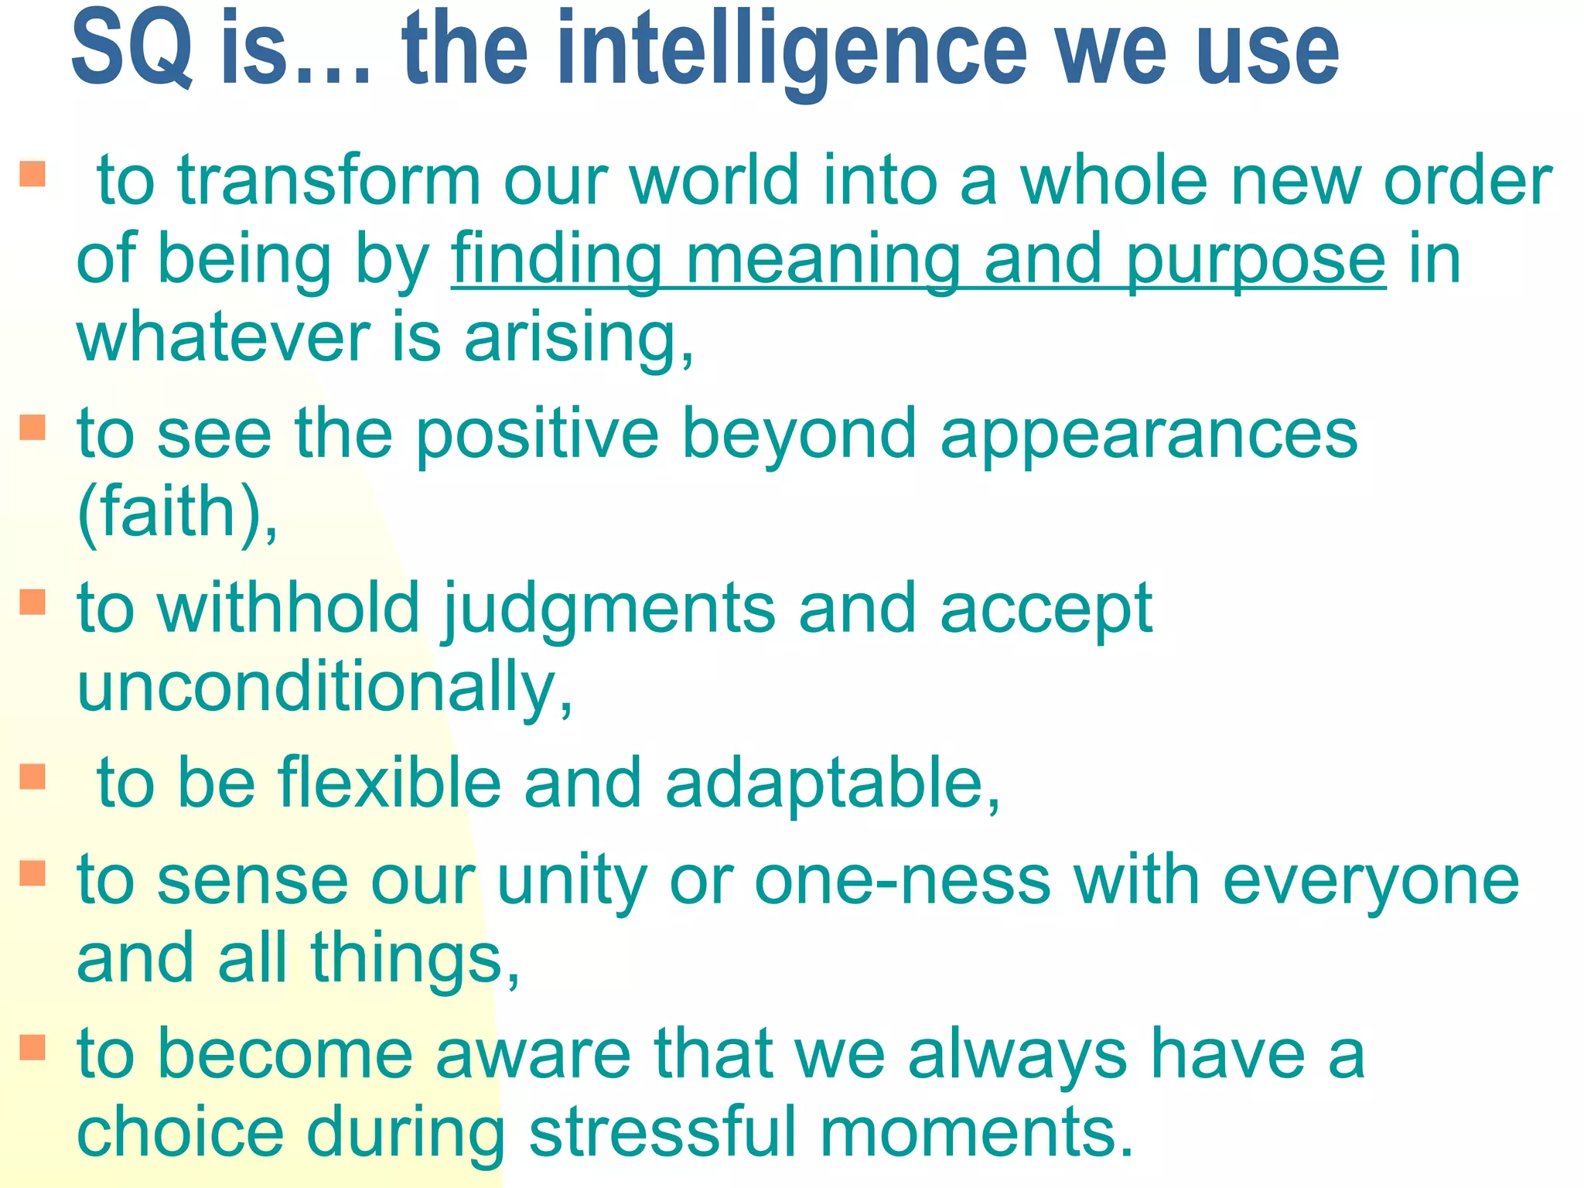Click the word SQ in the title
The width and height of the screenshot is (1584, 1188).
pos(131,48)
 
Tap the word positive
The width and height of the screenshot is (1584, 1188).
pos(538,435)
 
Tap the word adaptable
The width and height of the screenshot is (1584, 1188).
pos(832,783)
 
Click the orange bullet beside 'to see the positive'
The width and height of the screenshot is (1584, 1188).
pos(32,426)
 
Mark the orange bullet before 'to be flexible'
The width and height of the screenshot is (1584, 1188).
pos(32,776)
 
